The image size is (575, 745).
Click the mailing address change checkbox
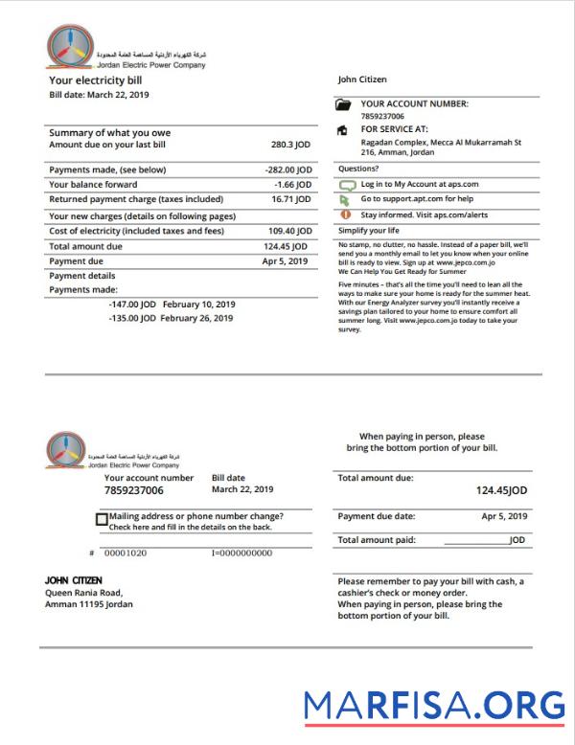103,520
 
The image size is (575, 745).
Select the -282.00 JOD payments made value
288,169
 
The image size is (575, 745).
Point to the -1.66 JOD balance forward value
292,184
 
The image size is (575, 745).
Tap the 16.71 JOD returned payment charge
291,199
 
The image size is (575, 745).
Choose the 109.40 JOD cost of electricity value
289,231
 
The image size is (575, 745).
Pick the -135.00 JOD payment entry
132,318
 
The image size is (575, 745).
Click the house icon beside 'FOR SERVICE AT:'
344,130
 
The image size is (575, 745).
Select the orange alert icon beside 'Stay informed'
345,214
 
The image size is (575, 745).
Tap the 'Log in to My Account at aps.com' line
419,184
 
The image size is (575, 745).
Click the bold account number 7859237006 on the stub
134,490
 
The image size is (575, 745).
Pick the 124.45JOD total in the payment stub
501,490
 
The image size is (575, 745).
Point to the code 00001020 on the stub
126,553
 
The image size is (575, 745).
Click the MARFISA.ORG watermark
434,705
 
